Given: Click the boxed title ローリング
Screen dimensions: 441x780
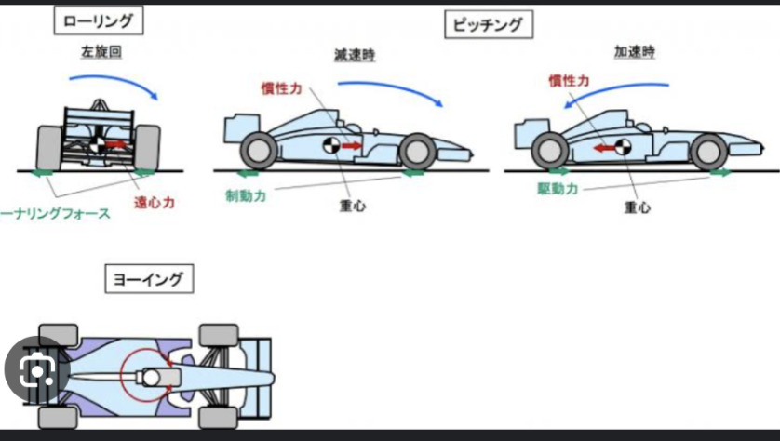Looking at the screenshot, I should click(x=97, y=20).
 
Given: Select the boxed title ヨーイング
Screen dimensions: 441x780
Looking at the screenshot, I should click(x=149, y=277).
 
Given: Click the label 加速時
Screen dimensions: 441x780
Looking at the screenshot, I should click(x=633, y=52).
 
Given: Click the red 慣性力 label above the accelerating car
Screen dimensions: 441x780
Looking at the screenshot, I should click(x=569, y=81).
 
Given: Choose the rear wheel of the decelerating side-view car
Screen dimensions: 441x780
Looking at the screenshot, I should click(x=258, y=151).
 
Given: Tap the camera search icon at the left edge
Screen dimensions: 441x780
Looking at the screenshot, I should click(x=35, y=373).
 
